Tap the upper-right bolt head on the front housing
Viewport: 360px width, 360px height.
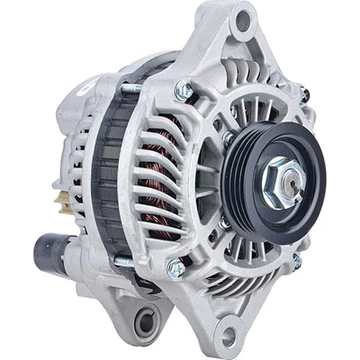pyautogui.click(x=304, y=93)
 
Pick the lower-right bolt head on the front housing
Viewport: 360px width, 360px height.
pyautogui.click(x=296, y=261)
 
